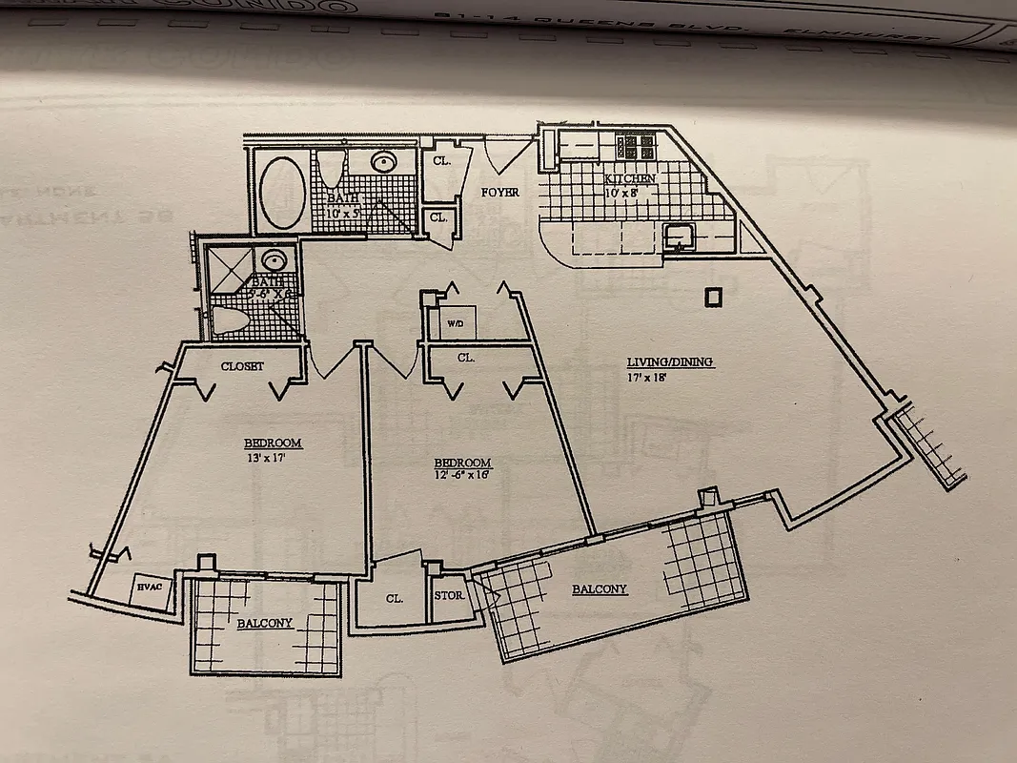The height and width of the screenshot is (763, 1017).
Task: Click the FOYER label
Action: tap(499, 193)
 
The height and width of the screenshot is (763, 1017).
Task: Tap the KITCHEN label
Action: tap(630, 179)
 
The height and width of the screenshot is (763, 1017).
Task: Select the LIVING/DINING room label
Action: tap(669, 362)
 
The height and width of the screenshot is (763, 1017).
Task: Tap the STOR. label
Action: tap(449, 596)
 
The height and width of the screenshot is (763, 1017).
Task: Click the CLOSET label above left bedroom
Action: tap(241, 366)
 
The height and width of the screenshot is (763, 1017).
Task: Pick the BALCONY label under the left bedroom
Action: tap(264, 624)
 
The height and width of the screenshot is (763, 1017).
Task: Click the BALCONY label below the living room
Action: tap(599, 589)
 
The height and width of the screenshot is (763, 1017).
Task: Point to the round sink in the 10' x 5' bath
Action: tap(385, 161)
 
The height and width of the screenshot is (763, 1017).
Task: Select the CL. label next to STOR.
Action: tap(393, 599)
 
